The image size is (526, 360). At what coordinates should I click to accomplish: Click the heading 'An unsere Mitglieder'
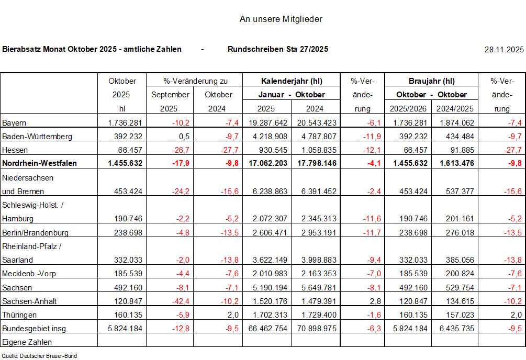(281, 19)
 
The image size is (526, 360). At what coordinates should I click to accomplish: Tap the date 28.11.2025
(504, 50)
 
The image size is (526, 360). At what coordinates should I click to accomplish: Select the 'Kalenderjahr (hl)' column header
(292, 81)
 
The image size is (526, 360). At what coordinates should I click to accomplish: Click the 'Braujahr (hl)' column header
(431, 81)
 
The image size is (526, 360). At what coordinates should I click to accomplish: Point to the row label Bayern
(15, 122)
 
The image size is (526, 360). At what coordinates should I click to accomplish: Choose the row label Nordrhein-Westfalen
(40, 163)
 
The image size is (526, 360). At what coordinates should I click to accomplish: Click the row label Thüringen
(19, 315)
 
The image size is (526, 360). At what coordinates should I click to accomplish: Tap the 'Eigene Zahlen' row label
(27, 342)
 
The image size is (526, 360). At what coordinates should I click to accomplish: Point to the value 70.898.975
(315, 329)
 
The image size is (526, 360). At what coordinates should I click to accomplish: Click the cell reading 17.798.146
(315, 163)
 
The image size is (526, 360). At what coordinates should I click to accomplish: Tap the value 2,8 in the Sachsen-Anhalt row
(366, 301)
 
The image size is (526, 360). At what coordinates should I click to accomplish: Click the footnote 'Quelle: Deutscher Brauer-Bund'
(39, 356)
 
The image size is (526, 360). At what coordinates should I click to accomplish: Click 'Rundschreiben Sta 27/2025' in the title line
(278, 49)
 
